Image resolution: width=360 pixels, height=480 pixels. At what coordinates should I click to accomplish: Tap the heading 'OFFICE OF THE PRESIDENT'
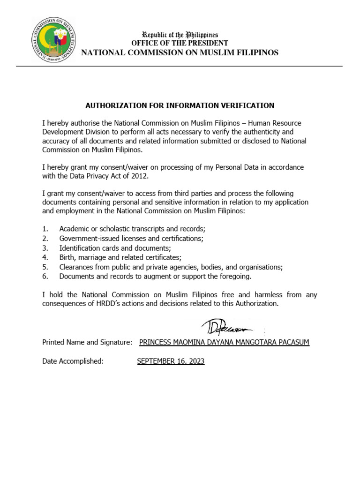[180, 43]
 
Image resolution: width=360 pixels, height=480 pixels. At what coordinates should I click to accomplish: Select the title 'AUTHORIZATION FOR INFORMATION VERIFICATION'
[180, 105]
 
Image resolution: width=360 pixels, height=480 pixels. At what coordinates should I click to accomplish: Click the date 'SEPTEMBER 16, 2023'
[171, 361]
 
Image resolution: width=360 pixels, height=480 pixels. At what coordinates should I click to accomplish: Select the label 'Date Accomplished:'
[73, 361]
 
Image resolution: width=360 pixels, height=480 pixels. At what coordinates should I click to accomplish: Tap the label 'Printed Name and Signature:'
[87, 343]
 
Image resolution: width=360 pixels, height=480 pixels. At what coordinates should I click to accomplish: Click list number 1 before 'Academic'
[45, 229]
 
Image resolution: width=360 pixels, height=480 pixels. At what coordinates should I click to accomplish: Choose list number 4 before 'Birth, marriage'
[45, 257]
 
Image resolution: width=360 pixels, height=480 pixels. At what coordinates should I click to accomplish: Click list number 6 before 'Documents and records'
[45, 276]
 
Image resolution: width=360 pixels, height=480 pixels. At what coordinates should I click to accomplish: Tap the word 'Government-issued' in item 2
[88, 238]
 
